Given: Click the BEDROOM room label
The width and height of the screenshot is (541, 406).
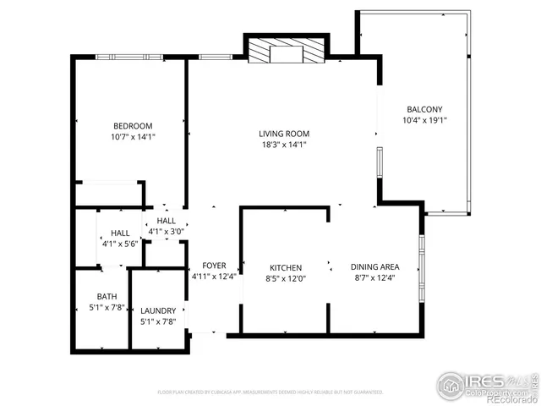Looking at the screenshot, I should click(x=133, y=126).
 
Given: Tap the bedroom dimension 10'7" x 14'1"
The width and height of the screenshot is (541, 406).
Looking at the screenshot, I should click(x=133, y=136).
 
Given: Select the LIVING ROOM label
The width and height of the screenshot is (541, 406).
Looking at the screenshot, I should click(x=283, y=134).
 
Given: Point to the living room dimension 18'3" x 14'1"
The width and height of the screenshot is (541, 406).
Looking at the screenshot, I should click(x=283, y=145).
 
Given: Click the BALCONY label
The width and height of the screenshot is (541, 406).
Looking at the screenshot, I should click(x=424, y=109).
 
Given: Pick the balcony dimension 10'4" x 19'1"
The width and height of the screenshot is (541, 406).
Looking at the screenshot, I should click(x=424, y=120).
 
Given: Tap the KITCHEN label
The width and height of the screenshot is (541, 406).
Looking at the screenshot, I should click(x=286, y=267).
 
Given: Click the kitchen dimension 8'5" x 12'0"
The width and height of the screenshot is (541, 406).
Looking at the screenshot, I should click(x=286, y=277).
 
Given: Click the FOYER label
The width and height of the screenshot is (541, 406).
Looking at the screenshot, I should click(x=214, y=266).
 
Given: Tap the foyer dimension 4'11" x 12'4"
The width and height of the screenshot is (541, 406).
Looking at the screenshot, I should click(x=214, y=276).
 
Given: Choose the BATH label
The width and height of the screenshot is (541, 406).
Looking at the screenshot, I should click(x=107, y=296).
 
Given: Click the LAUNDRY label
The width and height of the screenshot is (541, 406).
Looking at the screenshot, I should click(x=158, y=310).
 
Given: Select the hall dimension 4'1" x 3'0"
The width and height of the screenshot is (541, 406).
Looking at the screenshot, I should click(x=166, y=231).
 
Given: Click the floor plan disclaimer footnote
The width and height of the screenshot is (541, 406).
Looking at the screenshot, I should click(x=270, y=392).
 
